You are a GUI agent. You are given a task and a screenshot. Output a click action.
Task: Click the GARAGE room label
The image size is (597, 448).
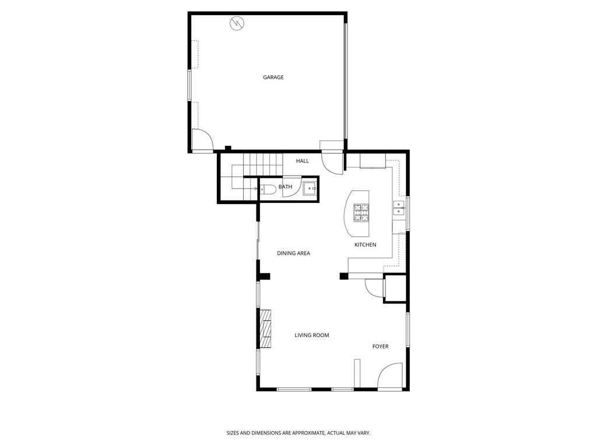point(273,77)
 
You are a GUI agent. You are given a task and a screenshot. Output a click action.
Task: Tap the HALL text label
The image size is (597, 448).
point(302,161)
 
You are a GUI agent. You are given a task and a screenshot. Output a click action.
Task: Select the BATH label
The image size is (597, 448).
point(285,187)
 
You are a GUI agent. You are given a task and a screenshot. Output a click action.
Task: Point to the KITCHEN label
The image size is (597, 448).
point(365,244)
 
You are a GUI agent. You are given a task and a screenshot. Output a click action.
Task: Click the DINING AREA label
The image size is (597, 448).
point(293,253)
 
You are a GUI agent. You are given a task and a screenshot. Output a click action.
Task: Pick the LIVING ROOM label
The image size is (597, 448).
point(312,335)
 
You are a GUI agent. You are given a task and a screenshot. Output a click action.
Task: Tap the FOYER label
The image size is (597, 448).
point(380,346)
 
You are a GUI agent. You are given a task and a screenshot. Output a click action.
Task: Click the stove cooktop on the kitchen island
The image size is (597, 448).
point(361,213)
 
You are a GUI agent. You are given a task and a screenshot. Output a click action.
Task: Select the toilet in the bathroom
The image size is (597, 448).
point(268,189)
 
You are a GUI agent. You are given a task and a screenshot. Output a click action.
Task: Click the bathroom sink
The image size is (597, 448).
point(310,188)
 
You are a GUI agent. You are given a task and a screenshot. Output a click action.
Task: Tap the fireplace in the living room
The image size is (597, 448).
point(266,329)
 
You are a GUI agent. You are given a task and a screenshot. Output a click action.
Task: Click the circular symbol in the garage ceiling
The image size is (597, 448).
point(237,23)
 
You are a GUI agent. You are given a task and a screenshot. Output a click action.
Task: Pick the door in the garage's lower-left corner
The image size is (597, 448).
point(202,140)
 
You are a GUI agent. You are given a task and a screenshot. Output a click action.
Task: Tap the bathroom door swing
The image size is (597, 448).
point(292,189)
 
